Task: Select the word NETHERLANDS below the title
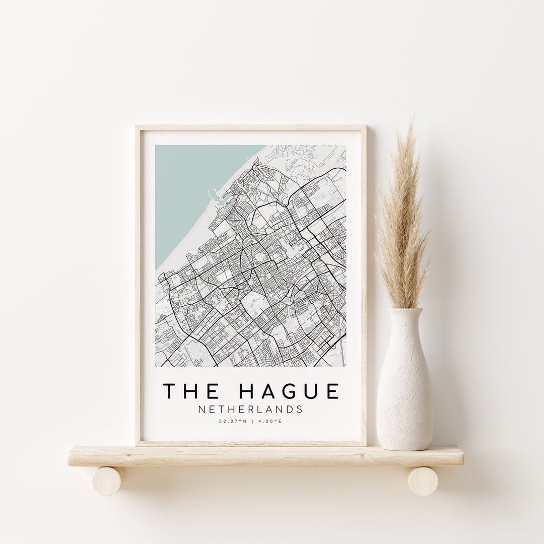click(x=250, y=409)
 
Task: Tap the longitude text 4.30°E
click(x=269, y=421)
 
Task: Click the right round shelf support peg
click(x=422, y=481)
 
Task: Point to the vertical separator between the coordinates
click(x=251, y=421)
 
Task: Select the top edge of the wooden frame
click(x=250, y=128)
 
